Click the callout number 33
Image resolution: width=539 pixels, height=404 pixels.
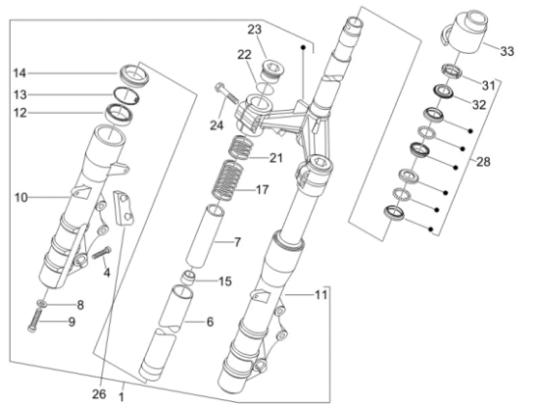click(x=507, y=51)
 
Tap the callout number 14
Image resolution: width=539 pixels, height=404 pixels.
click(x=20, y=73)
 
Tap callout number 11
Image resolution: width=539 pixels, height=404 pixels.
click(x=321, y=295)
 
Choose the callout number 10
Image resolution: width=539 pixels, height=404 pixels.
click(x=21, y=198)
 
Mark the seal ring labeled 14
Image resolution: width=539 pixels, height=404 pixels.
click(x=131, y=74)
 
